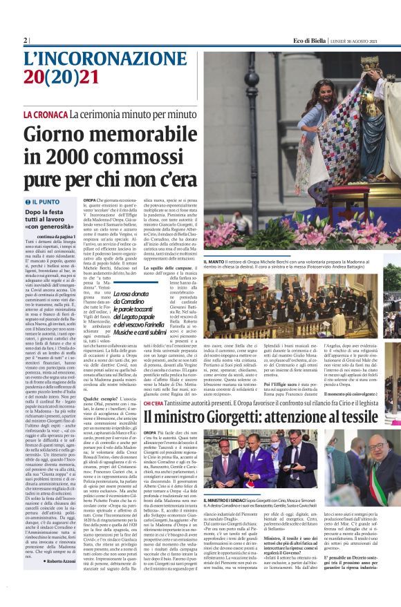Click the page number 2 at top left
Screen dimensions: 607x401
tap(25, 41)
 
